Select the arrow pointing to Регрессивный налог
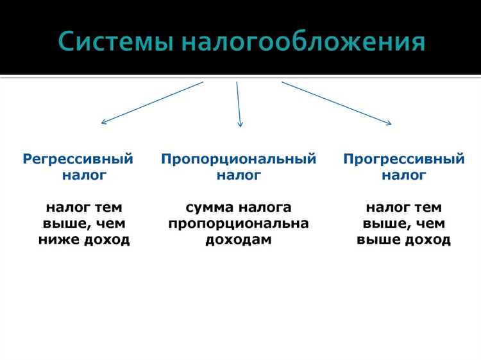coord(152,102)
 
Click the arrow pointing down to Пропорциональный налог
coord(239,103)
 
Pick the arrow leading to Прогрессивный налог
coord(337,103)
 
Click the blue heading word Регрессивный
coord(78,159)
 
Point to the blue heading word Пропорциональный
coord(239,159)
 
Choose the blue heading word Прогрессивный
coord(403,159)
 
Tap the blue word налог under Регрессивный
coord(84,175)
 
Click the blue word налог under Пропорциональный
coord(239,175)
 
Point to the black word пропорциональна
coord(239,224)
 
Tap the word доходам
coord(239,240)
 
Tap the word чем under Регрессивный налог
coord(111,224)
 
